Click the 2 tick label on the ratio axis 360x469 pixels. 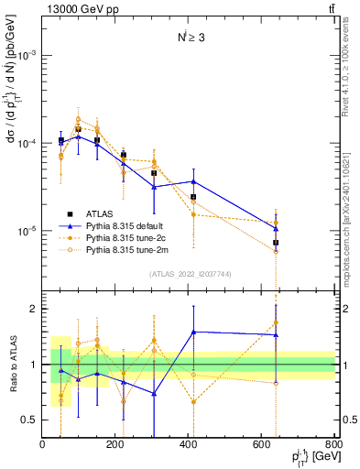(34, 309)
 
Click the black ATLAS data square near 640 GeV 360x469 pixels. (276, 243)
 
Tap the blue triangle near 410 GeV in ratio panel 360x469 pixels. (193, 332)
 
